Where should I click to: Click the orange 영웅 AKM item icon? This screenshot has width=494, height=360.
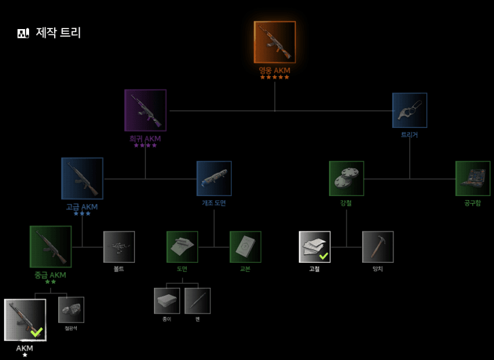point(275,42)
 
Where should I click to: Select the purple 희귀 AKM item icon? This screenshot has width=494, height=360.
point(145,110)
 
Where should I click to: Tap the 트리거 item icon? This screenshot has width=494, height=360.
point(410,110)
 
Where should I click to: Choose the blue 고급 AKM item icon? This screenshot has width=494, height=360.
point(83,179)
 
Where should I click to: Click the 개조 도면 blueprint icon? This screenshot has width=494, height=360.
point(214,179)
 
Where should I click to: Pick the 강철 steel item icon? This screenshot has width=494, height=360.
point(346,179)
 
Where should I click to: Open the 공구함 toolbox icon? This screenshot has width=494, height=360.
point(472,179)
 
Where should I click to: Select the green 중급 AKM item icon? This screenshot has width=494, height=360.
point(51,247)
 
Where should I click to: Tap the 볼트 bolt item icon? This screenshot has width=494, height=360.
point(119,247)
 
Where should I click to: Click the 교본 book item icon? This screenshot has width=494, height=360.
point(245,247)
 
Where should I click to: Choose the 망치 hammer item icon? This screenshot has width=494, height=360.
point(378,247)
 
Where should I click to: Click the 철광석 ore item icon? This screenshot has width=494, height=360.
point(71,309)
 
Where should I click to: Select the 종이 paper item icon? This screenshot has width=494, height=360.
point(167,301)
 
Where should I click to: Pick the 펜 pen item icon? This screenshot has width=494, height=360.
point(198,301)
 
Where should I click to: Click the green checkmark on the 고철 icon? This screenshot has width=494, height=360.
point(324,255)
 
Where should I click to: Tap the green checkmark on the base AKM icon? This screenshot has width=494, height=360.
point(37,332)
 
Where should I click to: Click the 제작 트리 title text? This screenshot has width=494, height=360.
point(58,33)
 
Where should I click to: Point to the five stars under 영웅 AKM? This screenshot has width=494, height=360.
point(274,77)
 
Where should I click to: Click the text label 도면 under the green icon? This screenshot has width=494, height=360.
point(182,269)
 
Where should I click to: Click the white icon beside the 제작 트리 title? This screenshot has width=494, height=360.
point(23,33)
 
